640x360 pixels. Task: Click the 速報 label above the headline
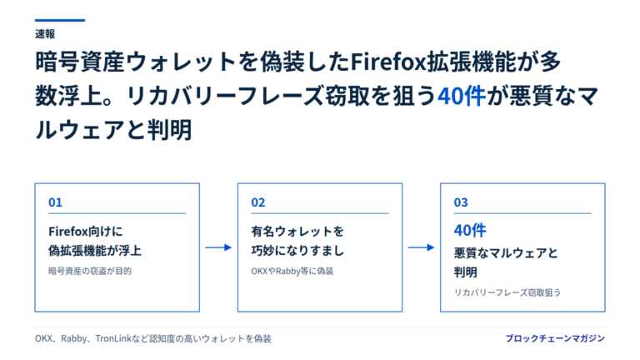pos(45,34)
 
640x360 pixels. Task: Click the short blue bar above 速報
pos(60,20)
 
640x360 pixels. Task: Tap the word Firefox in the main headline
pos(388,62)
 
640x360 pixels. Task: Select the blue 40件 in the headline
pos(462,97)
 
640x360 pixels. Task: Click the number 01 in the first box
pos(55,202)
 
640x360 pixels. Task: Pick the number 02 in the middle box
pos(258,202)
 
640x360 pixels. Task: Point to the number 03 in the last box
pos(461,202)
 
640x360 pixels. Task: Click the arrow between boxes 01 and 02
pos(218,247)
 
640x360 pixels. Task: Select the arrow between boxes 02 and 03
pos(421,247)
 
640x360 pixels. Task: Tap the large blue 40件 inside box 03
pos(470,231)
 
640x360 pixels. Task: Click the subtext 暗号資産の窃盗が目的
pos(90,271)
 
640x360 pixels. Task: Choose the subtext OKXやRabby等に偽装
pos(292,271)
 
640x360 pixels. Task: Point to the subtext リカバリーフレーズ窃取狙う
pos(507,292)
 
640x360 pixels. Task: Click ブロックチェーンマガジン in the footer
pos(555,338)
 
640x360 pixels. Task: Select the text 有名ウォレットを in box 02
pos(297,232)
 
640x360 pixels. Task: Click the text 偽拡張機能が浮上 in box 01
pos(95,251)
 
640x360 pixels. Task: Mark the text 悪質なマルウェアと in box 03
pos(506,253)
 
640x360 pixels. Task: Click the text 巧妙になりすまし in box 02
pos(297,251)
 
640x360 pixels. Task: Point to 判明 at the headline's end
pos(170,130)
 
